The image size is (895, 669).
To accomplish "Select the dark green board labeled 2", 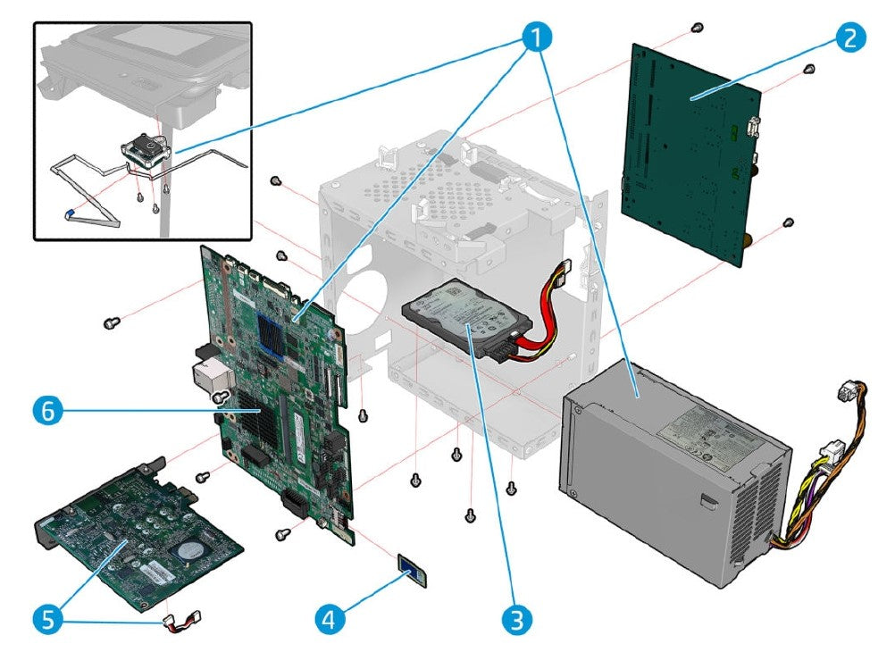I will tap(692, 152).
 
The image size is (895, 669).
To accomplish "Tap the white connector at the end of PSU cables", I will tap(844, 393).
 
